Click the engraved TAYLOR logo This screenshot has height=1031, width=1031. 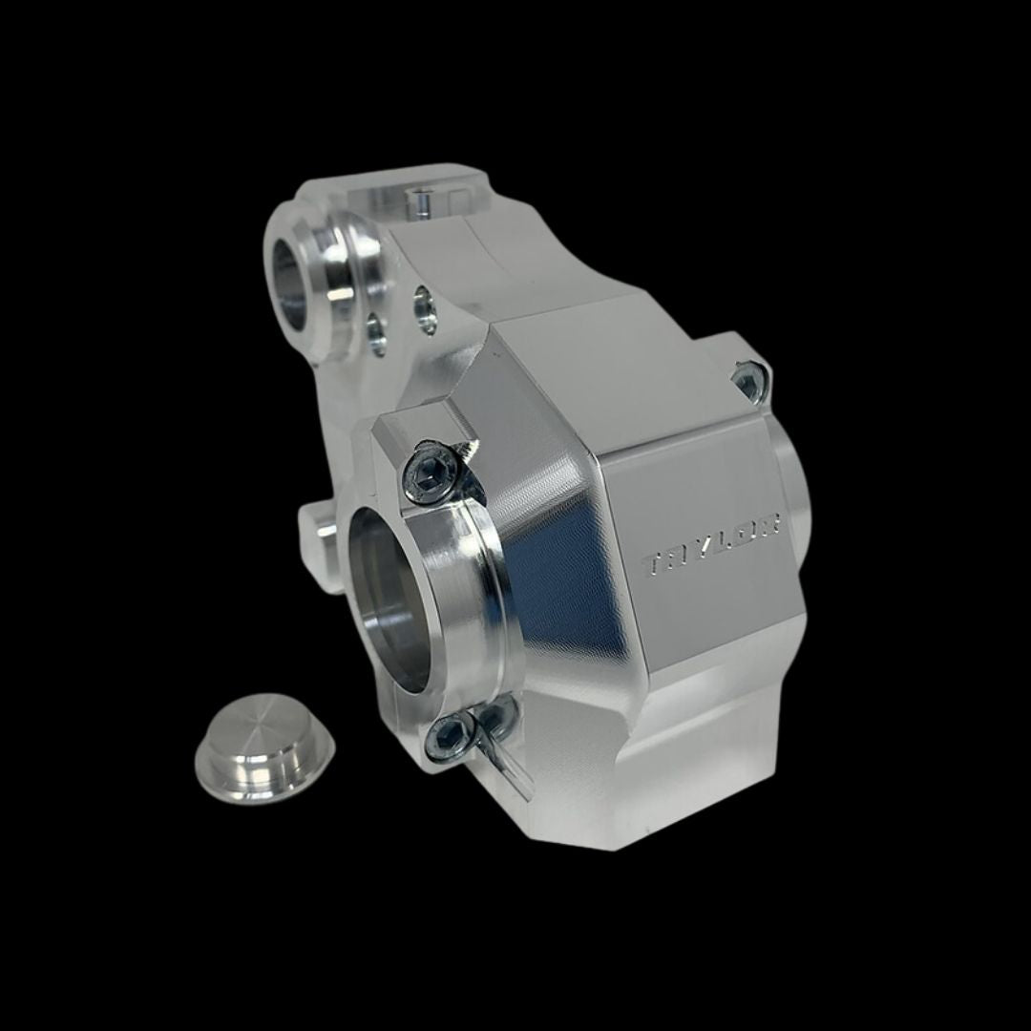713,545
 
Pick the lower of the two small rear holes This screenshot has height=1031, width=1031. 377,335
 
